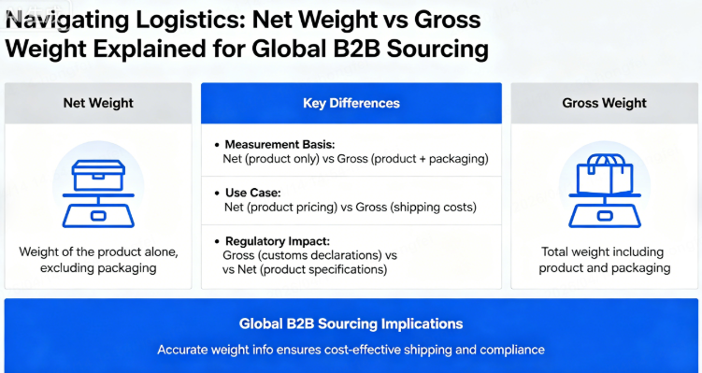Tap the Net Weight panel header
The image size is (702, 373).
[98, 104]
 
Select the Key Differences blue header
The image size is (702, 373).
[351, 104]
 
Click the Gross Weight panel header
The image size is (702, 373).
[605, 104]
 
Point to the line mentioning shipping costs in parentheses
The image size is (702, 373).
[351, 206]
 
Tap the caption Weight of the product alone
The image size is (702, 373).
[98, 252]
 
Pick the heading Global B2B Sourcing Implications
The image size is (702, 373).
[351, 324]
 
